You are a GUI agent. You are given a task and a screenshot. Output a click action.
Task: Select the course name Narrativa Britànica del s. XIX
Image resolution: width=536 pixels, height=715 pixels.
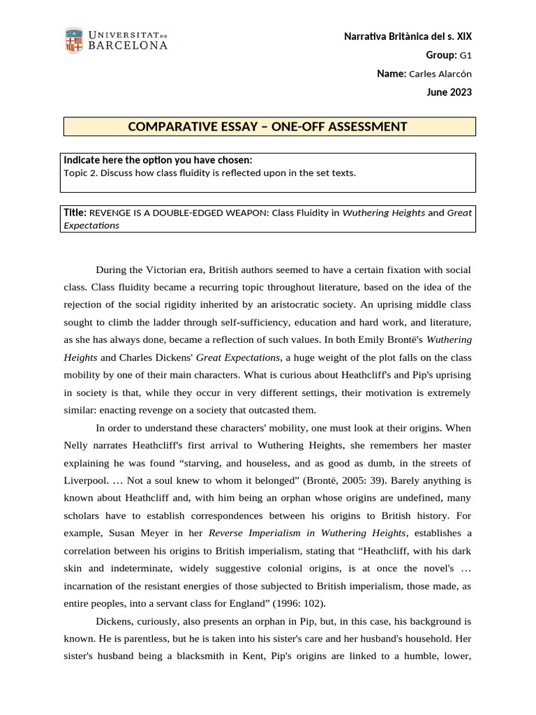coord(408,36)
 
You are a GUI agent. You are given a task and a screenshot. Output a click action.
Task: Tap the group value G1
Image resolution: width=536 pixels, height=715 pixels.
coord(466,55)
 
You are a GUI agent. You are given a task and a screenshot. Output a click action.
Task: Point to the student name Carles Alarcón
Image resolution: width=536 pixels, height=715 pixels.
coord(440,74)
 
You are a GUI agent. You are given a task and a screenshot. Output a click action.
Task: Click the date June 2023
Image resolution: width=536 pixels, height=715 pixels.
coord(450,92)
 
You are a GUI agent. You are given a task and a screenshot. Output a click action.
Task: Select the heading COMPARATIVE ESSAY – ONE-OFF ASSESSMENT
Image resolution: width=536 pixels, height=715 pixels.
coord(267,126)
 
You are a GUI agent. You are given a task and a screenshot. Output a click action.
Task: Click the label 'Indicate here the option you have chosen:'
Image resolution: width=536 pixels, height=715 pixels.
coord(158,161)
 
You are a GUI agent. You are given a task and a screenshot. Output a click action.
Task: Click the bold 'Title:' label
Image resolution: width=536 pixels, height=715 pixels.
coord(75,212)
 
